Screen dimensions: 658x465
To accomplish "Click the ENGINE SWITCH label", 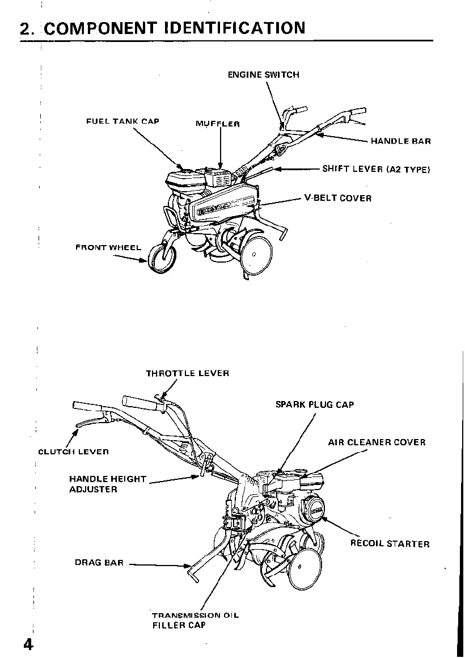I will click(x=263, y=74).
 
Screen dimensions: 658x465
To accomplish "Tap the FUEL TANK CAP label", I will click(x=122, y=121).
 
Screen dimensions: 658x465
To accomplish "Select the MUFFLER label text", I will click(x=218, y=124).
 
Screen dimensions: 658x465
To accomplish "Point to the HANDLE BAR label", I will click(x=400, y=141).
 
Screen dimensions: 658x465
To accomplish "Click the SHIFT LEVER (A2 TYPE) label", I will click(x=376, y=169).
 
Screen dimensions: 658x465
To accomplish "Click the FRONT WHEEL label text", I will click(x=108, y=248).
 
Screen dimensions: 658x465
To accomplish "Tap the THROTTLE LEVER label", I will click(x=187, y=373).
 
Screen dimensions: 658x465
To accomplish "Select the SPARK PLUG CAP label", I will click(x=314, y=404).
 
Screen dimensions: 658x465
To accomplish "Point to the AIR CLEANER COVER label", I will click(x=377, y=442).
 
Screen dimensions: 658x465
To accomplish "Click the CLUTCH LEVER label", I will click(x=73, y=452).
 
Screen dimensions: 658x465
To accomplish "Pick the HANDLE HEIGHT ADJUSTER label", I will click(x=107, y=484).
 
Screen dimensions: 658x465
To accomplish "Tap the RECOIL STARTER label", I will click(x=390, y=543).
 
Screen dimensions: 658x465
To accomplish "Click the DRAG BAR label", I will click(x=99, y=563).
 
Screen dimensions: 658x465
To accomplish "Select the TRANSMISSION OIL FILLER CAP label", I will click(x=195, y=620).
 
